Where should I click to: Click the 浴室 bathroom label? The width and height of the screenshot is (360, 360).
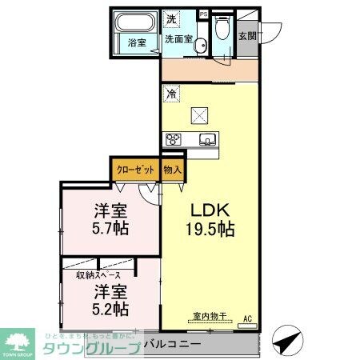click(138, 44)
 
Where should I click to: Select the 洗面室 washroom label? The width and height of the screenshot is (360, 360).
click(178, 38)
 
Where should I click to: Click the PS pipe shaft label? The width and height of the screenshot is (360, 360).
click(202, 14)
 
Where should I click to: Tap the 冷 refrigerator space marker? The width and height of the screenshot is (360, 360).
click(171, 94)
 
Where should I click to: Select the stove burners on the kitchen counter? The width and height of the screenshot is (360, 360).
click(174, 141)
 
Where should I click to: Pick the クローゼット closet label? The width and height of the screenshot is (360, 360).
click(135, 170)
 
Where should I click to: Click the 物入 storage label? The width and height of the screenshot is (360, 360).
click(172, 170)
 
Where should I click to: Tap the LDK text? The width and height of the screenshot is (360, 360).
click(210, 210)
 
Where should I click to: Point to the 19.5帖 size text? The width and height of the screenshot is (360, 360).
click(210, 230)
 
